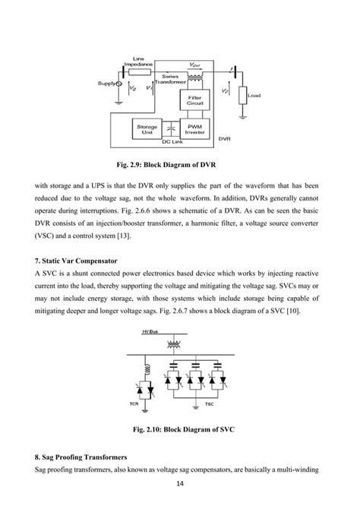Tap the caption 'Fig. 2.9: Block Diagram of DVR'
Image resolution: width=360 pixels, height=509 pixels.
click(x=178, y=163)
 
